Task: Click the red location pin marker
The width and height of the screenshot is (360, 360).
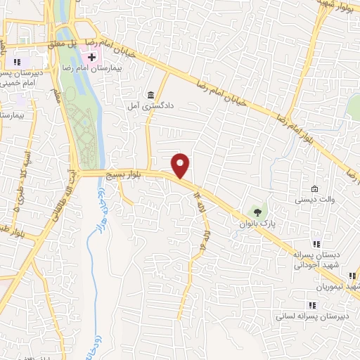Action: pyautogui.click(x=181, y=166)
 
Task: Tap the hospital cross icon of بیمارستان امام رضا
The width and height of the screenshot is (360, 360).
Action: pyautogui.click(x=91, y=56)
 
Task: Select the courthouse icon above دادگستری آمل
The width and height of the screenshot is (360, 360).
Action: pyautogui.click(x=150, y=95)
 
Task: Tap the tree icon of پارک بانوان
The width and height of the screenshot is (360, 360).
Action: pyautogui.click(x=257, y=211)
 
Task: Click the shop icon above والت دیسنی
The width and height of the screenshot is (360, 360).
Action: pyautogui.click(x=314, y=189)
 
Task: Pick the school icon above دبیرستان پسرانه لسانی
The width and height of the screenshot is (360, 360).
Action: pyautogui.click(x=311, y=304)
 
